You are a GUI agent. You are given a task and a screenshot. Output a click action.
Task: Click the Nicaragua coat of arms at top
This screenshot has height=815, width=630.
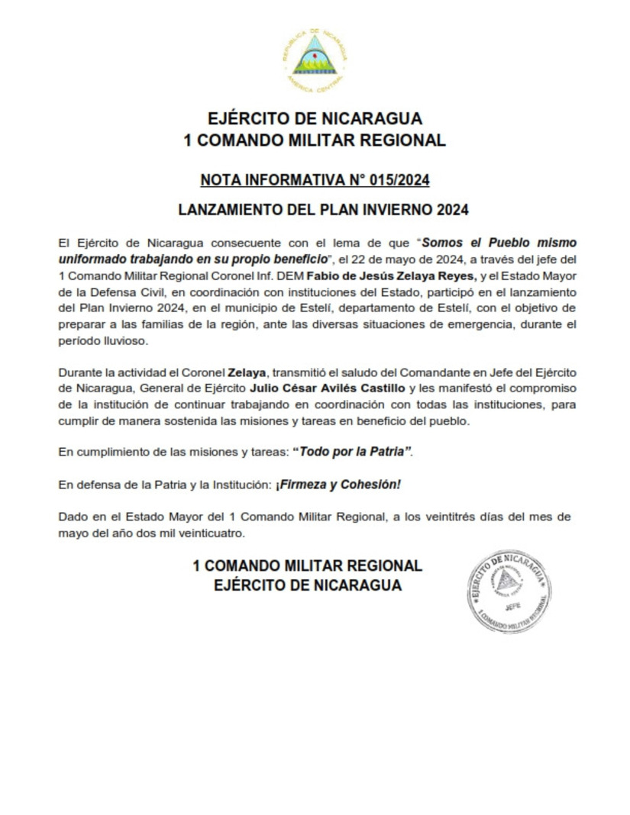[315, 59]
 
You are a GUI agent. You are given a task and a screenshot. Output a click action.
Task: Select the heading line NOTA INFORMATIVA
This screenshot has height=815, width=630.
[315, 180]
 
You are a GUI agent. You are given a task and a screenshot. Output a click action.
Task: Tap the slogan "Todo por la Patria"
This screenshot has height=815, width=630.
[352, 452]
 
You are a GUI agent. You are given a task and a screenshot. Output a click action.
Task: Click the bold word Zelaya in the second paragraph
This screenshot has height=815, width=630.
[246, 372]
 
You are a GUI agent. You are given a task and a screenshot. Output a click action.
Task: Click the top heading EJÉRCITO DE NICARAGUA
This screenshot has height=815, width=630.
[315, 119]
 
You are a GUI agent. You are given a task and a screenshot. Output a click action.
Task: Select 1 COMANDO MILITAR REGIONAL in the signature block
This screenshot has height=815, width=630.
[307, 566]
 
